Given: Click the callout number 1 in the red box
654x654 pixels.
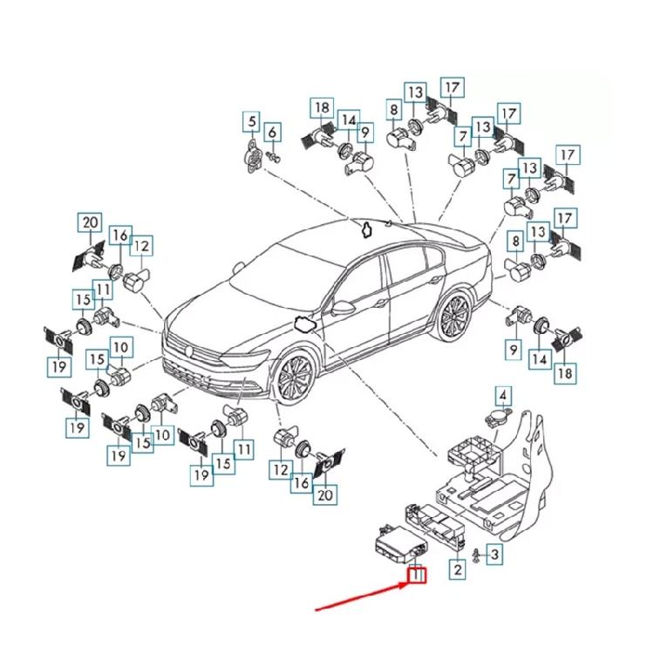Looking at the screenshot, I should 417,575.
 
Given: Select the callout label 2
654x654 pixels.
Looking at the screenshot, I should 456,570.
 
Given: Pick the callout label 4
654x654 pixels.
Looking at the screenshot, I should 503,395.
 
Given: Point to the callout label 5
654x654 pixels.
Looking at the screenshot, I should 252,121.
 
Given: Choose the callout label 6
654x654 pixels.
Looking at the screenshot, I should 273,133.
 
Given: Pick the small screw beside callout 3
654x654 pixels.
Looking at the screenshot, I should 475,555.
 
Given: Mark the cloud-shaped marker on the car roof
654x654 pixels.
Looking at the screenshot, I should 366,229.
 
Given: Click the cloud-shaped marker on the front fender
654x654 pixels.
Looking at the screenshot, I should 305,324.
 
